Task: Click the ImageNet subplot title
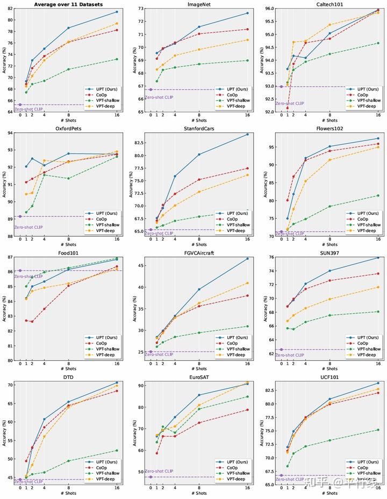click(x=198, y=4)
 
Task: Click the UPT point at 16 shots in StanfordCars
click(x=248, y=134)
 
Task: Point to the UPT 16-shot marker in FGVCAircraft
click(x=248, y=259)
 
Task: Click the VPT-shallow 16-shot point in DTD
click(x=117, y=451)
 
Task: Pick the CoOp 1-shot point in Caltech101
click(x=288, y=108)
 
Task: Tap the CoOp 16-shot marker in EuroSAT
click(x=248, y=410)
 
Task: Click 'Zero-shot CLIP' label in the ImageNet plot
click(x=159, y=97)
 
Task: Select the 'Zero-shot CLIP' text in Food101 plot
click(x=28, y=276)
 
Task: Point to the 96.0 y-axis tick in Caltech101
click(x=270, y=9)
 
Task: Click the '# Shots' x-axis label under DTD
click(x=68, y=494)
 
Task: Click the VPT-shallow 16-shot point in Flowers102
click(x=378, y=195)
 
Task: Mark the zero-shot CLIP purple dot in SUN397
click(x=281, y=349)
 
